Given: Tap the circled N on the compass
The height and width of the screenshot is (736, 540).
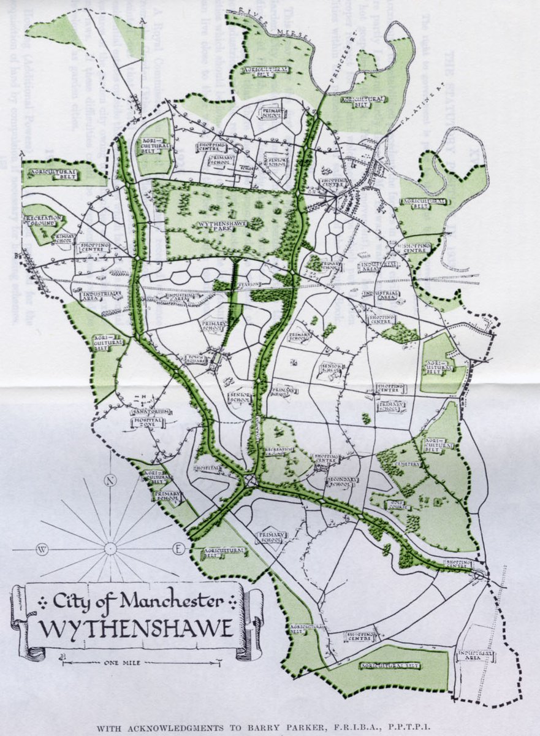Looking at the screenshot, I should (110, 480).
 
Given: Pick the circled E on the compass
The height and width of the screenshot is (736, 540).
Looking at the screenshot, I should (178, 549).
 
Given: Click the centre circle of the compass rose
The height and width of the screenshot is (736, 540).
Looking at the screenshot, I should (110, 549).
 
